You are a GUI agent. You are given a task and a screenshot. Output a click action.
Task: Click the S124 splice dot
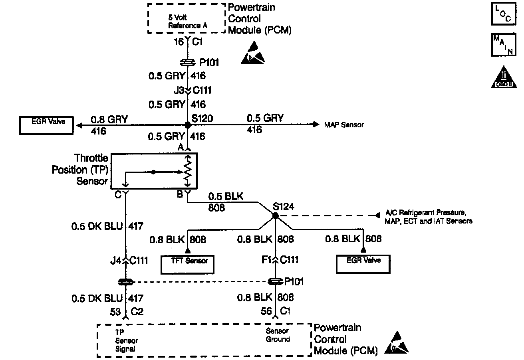(275, 216)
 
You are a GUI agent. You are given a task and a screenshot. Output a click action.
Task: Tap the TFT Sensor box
(187, 265)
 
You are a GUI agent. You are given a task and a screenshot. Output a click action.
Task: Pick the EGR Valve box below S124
(363, 263)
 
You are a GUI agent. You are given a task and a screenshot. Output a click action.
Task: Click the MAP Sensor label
(344, 125)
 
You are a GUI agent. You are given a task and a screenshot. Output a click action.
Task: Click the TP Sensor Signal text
(126, 340)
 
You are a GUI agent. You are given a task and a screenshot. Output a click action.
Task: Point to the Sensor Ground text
(278, 335)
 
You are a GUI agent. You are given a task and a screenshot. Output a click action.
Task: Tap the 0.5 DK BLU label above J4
(98, 227)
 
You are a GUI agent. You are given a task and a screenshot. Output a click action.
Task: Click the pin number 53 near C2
(115, 311)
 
